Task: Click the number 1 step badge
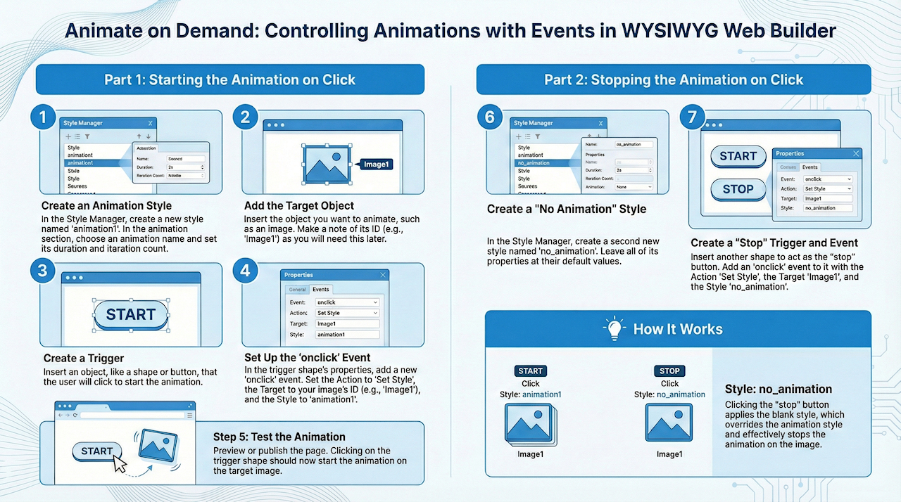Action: pos(43,117)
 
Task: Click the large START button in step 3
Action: pos(130,314)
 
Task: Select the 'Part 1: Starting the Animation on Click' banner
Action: pos(229,79)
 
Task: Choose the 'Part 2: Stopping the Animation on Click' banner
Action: pos(674,79)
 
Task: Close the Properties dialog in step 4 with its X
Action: pos(383,275)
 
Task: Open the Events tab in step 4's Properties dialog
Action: pos(321,289)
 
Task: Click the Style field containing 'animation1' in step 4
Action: pos(347,335)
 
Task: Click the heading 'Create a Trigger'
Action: pos(84,359)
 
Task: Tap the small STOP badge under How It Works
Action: pos(669,371)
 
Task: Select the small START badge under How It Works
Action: pos(530,371)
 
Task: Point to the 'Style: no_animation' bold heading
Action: pos(779,389)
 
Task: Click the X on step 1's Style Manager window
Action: pos(150,123)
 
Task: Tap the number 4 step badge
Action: pos(246,271)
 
